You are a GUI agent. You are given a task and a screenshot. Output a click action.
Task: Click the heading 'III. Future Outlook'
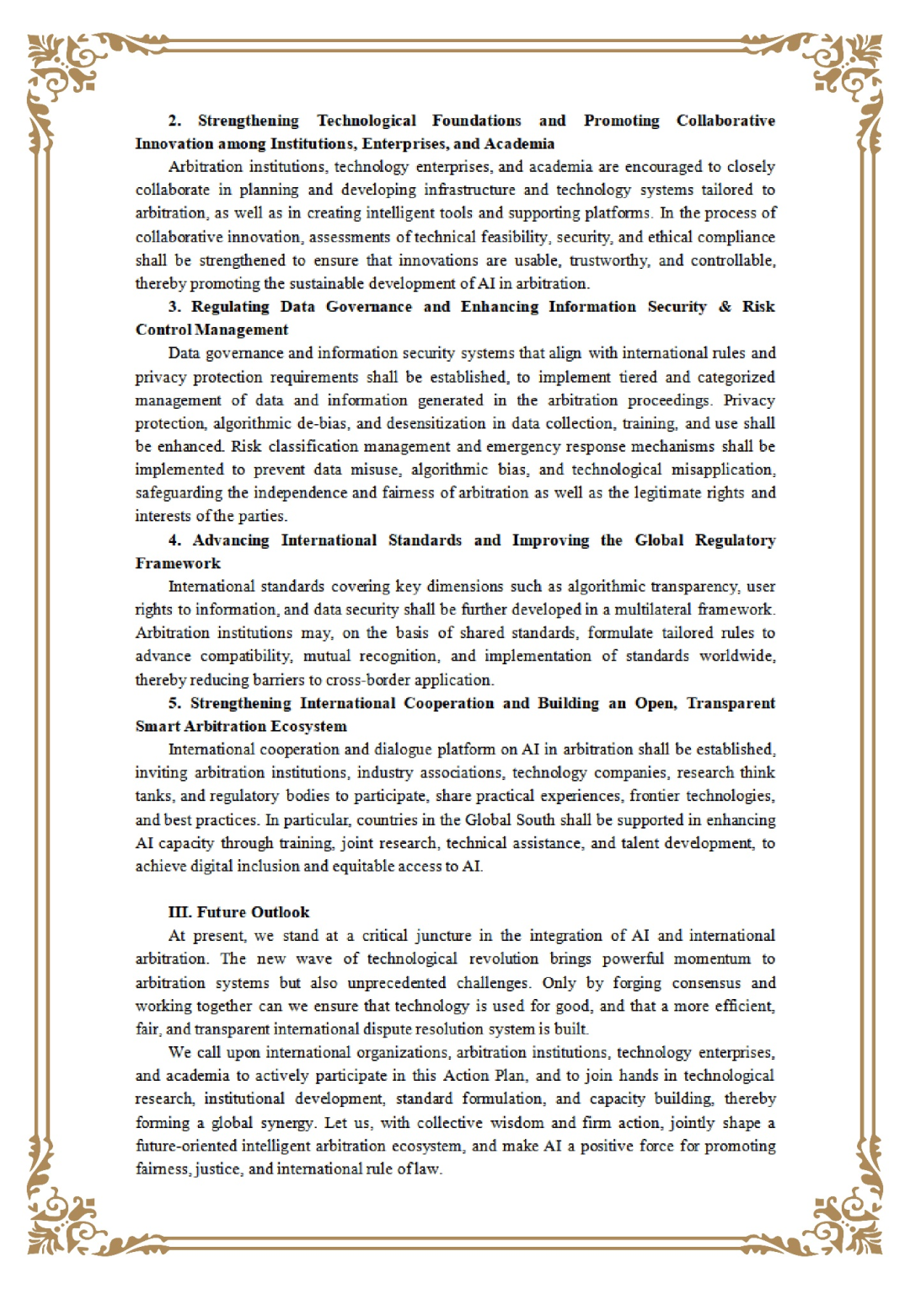click(238, 912)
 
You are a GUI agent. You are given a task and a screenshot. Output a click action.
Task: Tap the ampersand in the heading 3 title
click(725, 307)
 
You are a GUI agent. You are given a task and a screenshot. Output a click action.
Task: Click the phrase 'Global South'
click(510, 819)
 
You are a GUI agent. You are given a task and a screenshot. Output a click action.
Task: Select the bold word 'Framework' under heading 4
click(178, 563)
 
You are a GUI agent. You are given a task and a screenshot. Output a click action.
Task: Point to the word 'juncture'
click(442, 936)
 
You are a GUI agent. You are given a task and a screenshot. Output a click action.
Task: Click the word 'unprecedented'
click(396, 983)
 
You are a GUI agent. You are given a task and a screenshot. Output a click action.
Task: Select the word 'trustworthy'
click(609, 260)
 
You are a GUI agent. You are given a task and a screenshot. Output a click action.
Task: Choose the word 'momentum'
click(711, 959)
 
